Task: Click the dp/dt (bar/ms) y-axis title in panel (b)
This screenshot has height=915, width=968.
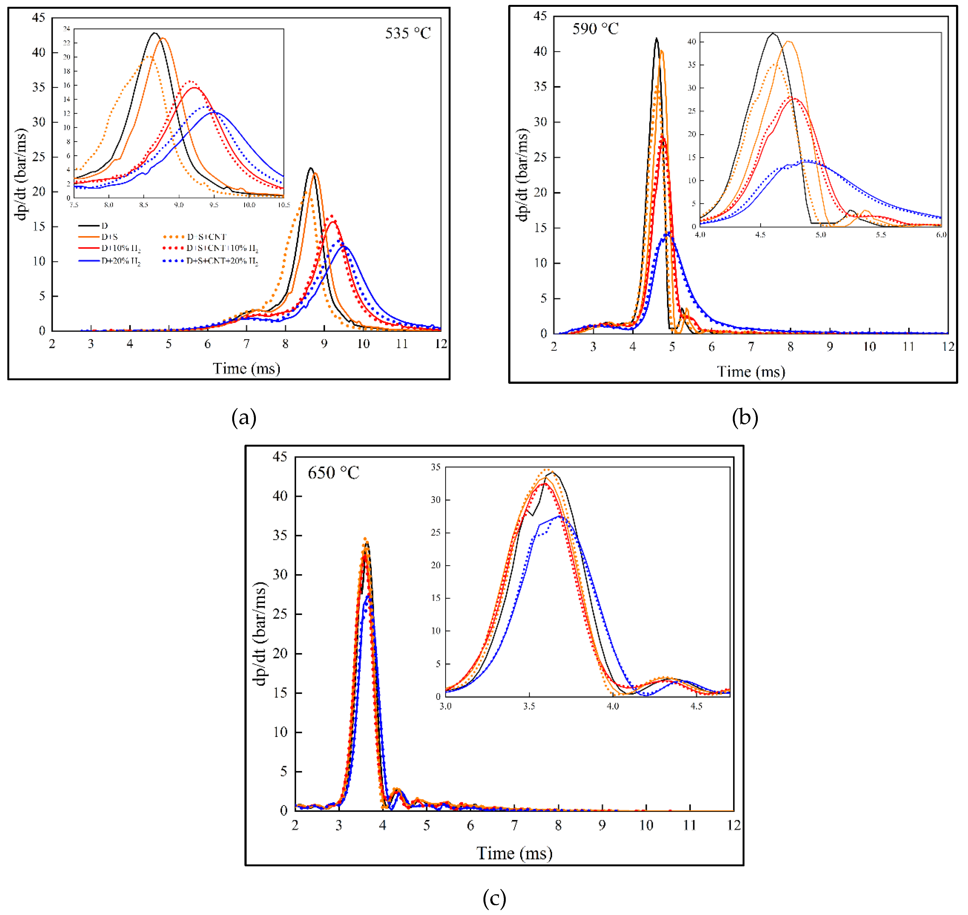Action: click(x=522, y=175)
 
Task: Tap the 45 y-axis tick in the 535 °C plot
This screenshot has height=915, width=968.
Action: click(x=39, y=18)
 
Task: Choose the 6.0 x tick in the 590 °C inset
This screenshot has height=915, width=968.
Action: click(x=941, y=235)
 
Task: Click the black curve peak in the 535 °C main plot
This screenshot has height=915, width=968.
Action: click(x=311, y=168)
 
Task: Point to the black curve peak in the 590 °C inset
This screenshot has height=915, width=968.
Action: click(x=772, y=33)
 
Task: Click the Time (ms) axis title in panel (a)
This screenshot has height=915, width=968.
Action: click(x=246, y=368)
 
